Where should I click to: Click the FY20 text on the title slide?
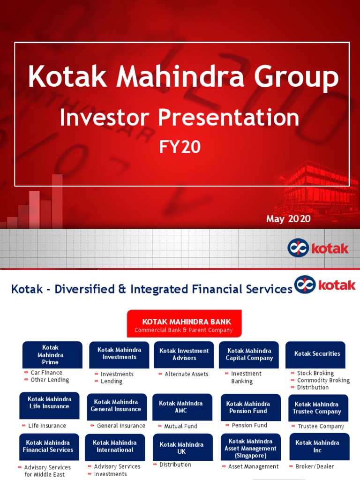pos(180,147)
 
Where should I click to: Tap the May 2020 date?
pos(288,219)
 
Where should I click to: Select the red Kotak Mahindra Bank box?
pos(184,323)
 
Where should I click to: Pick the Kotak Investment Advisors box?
pos(184,354)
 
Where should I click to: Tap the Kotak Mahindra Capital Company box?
pos(249,354)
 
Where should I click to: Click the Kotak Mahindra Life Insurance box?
pos(49,405)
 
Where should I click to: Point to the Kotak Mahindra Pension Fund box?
pos(250,407)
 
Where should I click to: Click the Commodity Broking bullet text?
pos(323,380)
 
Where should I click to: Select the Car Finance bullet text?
pos(46,373)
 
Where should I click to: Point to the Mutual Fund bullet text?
pos(180,426)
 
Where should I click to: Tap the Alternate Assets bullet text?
pos(186,374)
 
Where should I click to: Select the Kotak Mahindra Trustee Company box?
pos(317,408)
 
